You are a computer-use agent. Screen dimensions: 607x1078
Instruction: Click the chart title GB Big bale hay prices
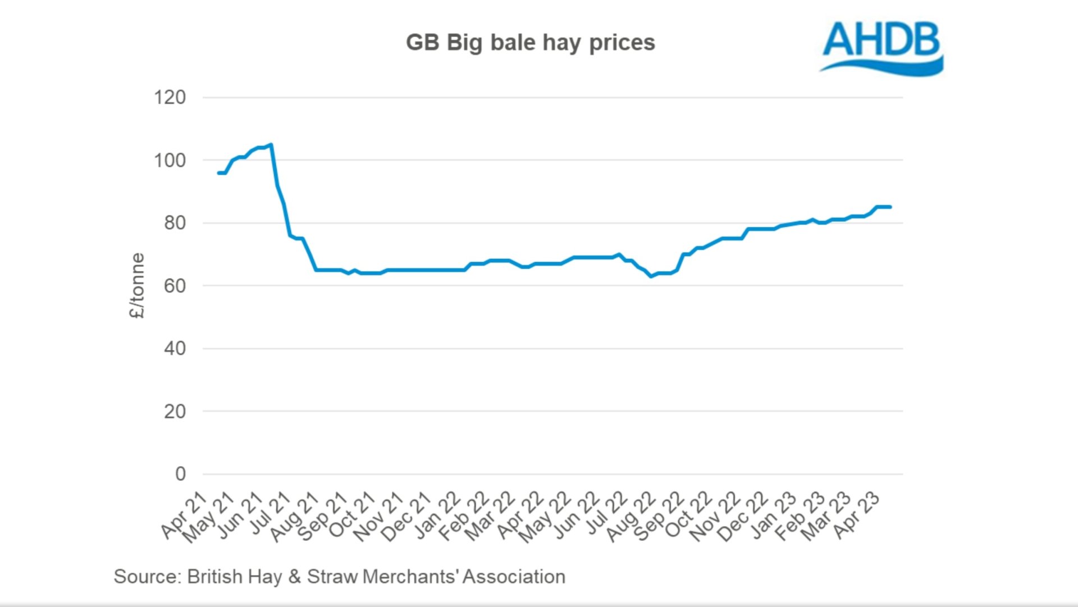[530, 43]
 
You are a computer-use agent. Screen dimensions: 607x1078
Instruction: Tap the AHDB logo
[881, 47]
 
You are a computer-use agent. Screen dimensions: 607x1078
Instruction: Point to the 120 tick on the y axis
[170, 97]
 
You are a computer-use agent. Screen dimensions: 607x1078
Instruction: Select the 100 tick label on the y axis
[170, 161]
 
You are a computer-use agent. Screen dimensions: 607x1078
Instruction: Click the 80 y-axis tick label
[174, 223]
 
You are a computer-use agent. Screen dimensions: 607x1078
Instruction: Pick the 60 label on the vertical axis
[174, 286]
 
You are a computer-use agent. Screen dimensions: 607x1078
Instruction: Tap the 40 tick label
[174, 349]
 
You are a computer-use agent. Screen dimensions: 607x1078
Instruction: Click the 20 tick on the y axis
[174, 412]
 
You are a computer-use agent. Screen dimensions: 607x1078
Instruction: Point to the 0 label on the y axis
[180, 474]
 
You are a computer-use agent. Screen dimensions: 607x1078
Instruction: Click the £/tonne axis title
[136, 286]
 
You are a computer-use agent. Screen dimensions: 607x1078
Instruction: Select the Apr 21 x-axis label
[184, 515]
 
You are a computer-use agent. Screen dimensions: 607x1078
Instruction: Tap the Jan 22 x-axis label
[438, 515]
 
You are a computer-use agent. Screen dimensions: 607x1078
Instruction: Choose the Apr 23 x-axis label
[856, 515]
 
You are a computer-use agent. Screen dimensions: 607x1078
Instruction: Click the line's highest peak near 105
[271, 145]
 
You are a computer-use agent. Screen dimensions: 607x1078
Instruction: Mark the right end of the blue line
[890, 207]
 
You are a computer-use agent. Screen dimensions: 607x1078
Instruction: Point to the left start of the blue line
[218, 173]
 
